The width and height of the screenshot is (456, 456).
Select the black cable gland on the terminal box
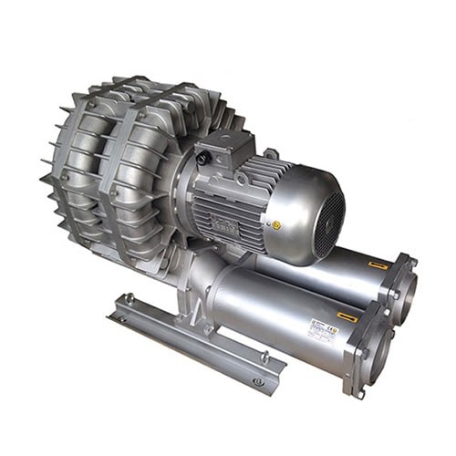click(x=205, y=156)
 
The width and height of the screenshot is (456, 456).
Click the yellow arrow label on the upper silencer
click(x=378, y=264)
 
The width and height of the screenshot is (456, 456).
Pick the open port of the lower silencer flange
click(x=378, y=351)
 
